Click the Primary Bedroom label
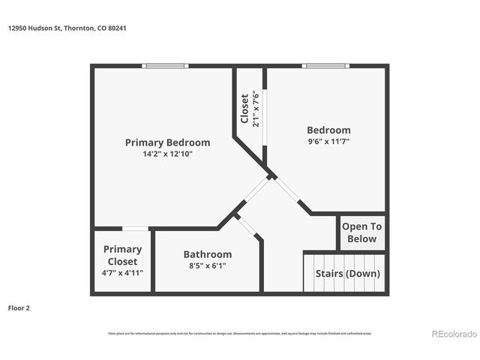tap(167, 142)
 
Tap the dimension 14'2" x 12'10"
tap(167, 154)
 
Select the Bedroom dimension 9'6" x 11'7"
tap(328, 141)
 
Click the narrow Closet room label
tap(244, 109)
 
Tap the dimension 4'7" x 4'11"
tap(122, 273)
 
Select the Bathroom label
tap(207, 254)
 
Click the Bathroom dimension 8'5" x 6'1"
tap(207, 265)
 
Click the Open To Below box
tap(362, 232)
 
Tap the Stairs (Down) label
tap(347, 274)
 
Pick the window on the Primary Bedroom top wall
tap(166, 66)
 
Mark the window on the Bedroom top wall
tap(325, 66)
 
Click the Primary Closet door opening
tap(135, 229)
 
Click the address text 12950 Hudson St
tap(34, 28)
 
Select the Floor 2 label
tap(19, 307)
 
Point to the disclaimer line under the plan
tap(240, 334)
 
